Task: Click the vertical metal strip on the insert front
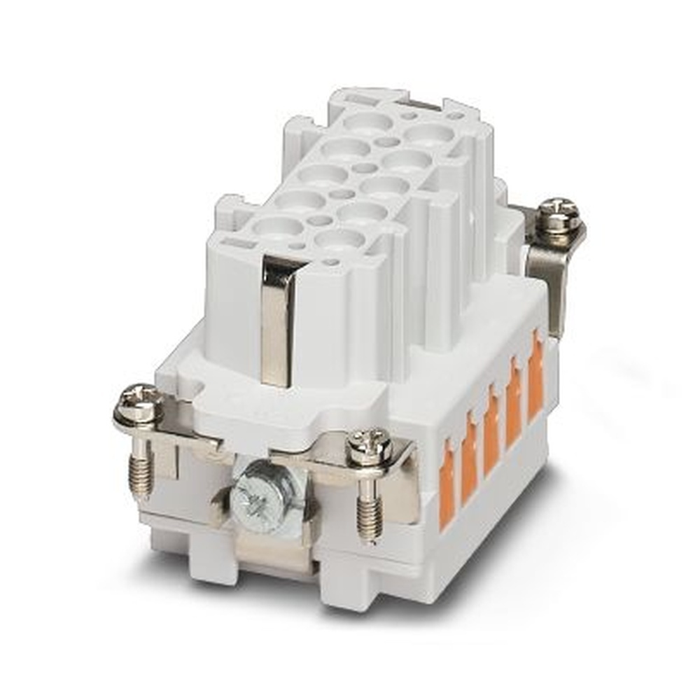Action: pos(279,318)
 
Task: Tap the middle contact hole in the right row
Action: pos(384,185)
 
